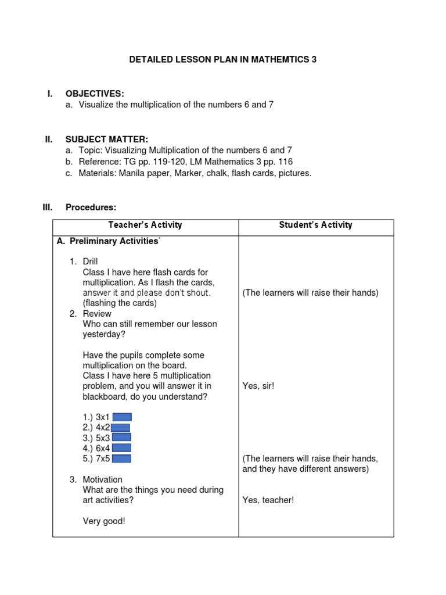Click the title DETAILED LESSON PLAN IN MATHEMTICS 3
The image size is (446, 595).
pyautogui.click(x=222, y=60)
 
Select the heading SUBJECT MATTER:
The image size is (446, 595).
pyautogui.click(x=107, y=139)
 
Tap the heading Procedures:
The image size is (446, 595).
pyautogui.click(x=91, y=207)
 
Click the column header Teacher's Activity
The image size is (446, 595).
pyautogui.click(x=145, y=225)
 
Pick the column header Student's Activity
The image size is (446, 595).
pyautogui.click(x=316, y=225)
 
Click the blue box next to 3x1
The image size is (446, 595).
pyautogui.click(x=122, y=417)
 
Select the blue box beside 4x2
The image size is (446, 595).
pyautogui.click(x=121, y=428)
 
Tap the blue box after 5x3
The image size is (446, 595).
pyautogui.click(x=121, y=438)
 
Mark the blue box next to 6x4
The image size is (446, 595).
pyautogui.click(x=121, y=448)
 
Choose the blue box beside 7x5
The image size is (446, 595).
pyautogui.click(x=121, y=458)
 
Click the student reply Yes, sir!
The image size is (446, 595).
pyautogui.click(x=258, y=386)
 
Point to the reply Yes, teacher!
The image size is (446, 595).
pyautogui.click(x=268, y=500)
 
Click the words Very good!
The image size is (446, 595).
pyautogui.click(x=104, y=521)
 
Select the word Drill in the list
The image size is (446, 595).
pyautogui.click(x=91, y=262)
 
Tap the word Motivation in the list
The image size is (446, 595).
pyautogui.click(x=103, y=479)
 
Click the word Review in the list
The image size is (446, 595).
pyautogui.click(x=97, y=314)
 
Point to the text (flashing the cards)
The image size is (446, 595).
pyautogui.click(x=120, y=303)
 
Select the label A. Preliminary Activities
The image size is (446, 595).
pyautogui.click(x=107, y=241)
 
